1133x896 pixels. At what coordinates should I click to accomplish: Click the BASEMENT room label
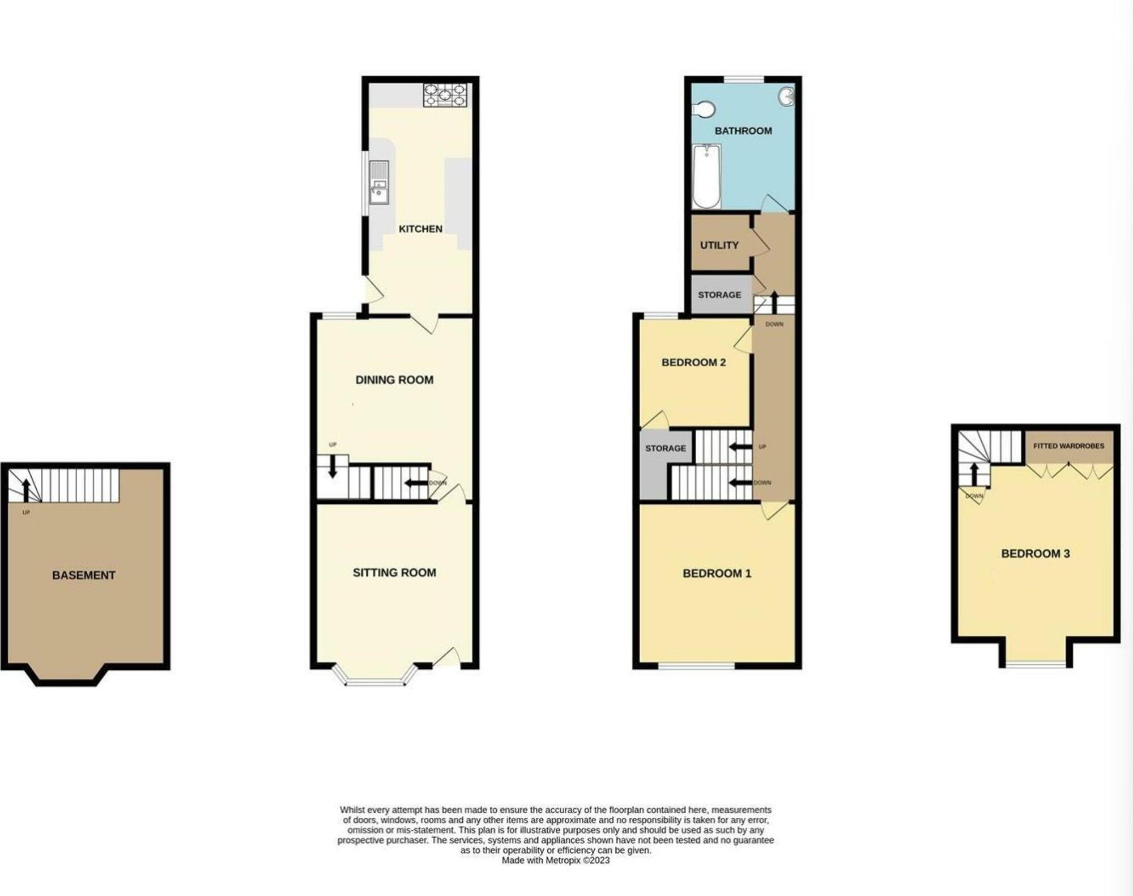pyautogui.click(x=84, y=575)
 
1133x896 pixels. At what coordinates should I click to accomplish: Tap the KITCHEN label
pyautogui.click(x=420, y=229)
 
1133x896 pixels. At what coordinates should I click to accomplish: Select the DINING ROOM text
pyautogui.click(x=394, y=380)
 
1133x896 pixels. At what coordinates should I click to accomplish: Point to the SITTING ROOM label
pyautogui.click(x=394, y=572)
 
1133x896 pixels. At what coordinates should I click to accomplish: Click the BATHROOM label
pyautogui.click(x=743, y=131)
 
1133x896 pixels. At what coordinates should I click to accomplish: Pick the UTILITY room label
pyautogui.click(x=719, y=245)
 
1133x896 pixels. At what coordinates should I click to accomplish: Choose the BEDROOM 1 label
pyautogui.click(x=717, y=574)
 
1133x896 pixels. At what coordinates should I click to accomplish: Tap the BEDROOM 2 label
pyautogui.click(x=693, y=362)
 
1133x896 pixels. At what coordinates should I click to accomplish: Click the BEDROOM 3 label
pyautogui.click(x=1035, y=554)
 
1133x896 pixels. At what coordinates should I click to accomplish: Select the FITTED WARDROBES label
pyautogui.click(x=1068, y=446)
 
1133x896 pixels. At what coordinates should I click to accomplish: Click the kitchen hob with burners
pyautogui.click(x=445, y=95)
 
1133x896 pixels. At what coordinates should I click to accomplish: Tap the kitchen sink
pyautogui.click(x=378, y=182)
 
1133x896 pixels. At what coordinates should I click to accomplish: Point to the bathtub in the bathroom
pyautogui.click(x=706, y=176)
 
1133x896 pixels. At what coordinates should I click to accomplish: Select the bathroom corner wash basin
pyautogui.click(x=787, y=97)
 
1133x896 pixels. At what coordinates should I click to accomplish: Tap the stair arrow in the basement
pyautogui.click(x=26, y=489)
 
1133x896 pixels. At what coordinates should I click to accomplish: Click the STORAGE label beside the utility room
pyautogui.click(x=719, y=295)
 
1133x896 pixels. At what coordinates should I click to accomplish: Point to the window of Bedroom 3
pyautogui.click(x=1036, y=664)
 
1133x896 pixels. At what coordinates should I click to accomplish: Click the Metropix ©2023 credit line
pyautogui.click(x=555, y=860)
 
